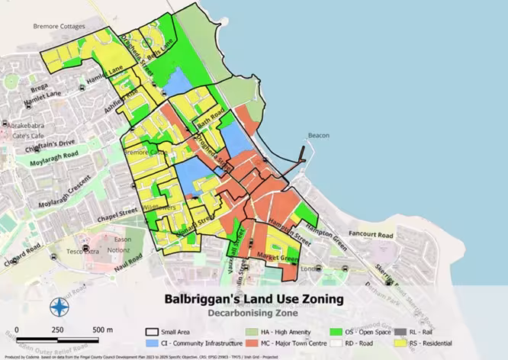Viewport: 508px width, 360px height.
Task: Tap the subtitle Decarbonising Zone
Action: pos(254,313)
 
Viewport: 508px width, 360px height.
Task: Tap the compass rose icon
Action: pos(59,307)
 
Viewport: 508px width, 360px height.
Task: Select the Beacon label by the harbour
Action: pos(318,136)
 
